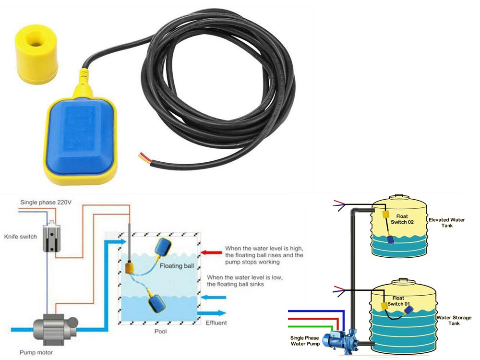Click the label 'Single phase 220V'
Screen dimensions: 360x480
click(46, 203)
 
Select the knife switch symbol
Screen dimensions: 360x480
click(51, 238)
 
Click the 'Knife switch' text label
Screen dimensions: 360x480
click(20, 237)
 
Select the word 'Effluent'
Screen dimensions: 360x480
click(216, 323)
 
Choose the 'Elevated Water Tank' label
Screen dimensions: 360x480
click(447, 223)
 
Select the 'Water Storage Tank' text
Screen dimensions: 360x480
click(454, 320)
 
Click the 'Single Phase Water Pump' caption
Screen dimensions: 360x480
click(305, 341)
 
